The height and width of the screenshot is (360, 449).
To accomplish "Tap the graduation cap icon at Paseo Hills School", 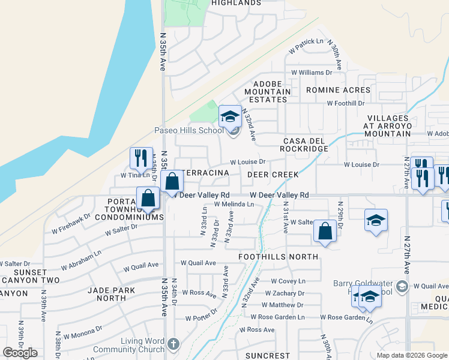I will (x=230, y=116).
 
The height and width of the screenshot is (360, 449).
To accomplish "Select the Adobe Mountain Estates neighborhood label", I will (x=271, y=91).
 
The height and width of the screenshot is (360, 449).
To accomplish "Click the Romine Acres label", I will (x=338, y=90).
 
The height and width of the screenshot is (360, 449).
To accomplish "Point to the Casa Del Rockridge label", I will (x=306, y=145).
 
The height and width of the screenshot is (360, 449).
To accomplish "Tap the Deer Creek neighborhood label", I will (x=273, y=175).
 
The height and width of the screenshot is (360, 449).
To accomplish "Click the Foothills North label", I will (x=278, y=257).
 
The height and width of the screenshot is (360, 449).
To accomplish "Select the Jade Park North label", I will (x=106, y=293).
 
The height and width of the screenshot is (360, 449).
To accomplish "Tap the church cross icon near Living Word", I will (x=173, y=344).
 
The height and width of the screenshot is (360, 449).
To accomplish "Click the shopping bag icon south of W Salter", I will (x=325, y=232).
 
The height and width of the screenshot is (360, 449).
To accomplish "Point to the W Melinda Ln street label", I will (x=234, y=205).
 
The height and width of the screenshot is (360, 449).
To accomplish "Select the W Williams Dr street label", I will (x=312, y=72).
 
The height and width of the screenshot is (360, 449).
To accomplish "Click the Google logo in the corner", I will (x=20, y=353).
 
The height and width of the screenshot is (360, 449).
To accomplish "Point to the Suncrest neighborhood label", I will (x=268, y=355).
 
